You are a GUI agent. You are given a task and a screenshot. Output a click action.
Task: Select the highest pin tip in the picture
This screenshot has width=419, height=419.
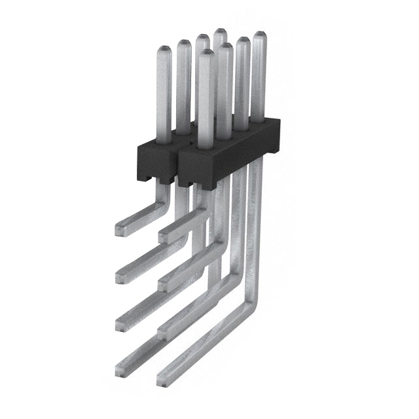tap(220, 32)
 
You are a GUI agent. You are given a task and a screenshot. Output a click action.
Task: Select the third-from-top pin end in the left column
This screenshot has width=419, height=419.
tap(121, 323)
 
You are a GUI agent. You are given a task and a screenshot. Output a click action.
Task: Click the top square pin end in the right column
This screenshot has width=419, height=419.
tap(164, 234)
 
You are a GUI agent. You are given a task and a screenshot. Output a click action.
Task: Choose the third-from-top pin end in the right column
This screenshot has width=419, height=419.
tap(164, 330)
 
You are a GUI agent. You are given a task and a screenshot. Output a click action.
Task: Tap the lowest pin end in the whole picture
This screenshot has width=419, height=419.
tap(162, 378)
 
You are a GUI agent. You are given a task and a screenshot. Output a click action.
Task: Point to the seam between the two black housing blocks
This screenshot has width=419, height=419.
tap(176, 164)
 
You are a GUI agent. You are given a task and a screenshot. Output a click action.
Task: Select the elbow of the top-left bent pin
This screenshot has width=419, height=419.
tap(164, 196)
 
